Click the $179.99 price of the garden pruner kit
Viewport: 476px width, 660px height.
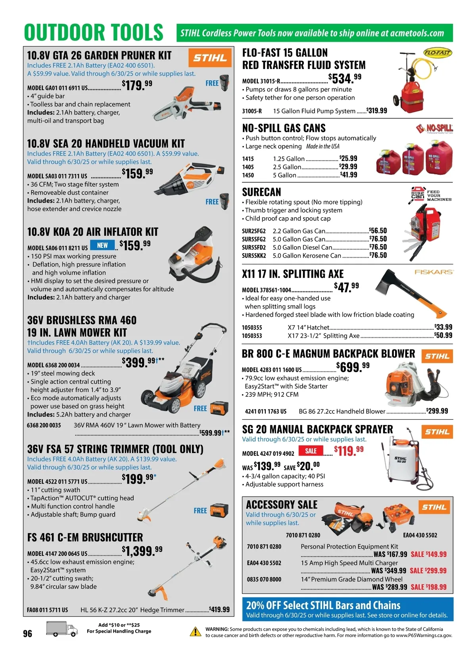tap(137, 85)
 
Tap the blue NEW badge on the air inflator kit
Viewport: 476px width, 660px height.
tap(102, 245)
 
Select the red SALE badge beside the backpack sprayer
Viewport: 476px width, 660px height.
tap(311, 451)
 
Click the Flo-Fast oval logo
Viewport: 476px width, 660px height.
tap(438, 53)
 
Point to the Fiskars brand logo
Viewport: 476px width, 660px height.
tap(434, 272)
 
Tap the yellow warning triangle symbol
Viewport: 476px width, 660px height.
tap(195, 631)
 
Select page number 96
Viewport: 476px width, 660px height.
tap(27, 633)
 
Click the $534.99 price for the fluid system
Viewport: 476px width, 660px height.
tap(345, 78)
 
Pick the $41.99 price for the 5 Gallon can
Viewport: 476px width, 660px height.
tap(349, 175)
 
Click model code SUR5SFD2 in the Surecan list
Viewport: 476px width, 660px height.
tap(253, 247)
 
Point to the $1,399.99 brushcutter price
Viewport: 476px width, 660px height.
tap(142, 551)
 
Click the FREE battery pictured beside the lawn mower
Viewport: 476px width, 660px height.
tap(219, 408)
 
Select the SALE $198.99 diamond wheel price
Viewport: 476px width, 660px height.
tap(428, 587)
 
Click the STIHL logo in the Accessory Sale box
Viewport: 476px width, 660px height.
tap(434, 507)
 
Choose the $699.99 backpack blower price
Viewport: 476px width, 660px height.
tap(353, 367)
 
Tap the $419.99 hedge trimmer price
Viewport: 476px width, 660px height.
tap(219, 609)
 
